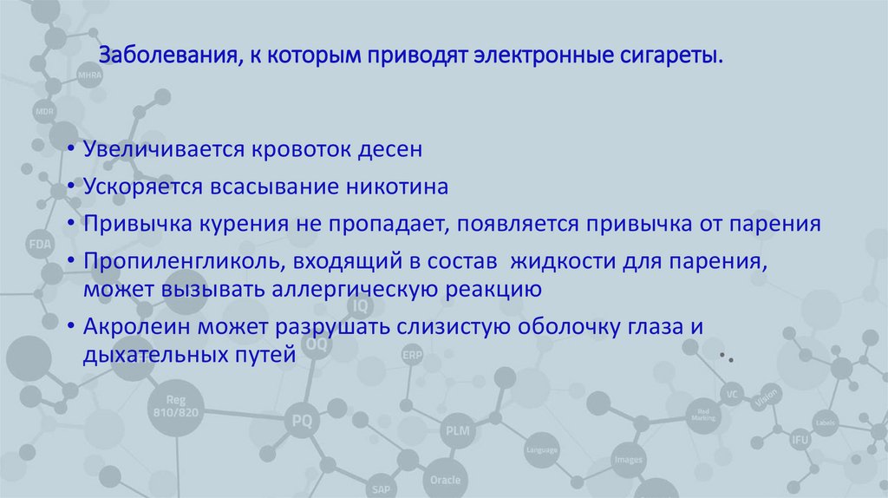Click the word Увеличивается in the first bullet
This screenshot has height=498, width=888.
[162, 149]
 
